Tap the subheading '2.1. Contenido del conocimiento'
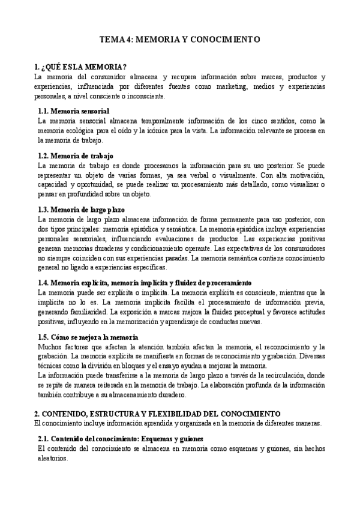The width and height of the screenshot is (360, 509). pyautogui.click(x=121, y=439)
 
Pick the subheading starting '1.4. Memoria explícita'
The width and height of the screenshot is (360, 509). pyautogui.click(x=144, y=282)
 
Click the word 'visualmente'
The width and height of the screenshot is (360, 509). pyautogui.click(x=239, y=175)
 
